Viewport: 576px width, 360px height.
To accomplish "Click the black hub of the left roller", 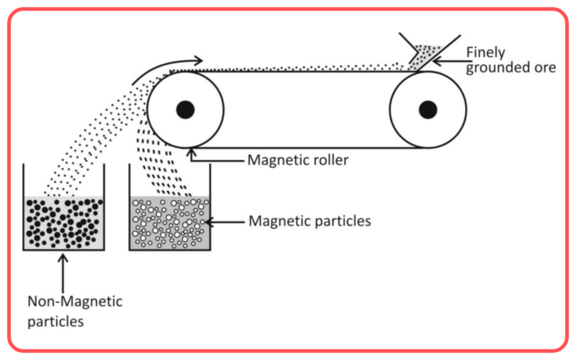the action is click(185, 110).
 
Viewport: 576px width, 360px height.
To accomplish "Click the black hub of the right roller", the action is click(427, 110).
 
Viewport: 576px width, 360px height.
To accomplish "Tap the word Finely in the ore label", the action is click(485, 52).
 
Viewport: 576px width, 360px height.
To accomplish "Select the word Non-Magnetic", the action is click(75, 302).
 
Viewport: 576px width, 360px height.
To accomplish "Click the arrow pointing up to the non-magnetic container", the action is click(63, 274).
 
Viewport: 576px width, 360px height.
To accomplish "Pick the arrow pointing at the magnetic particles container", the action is click(224, 222).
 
